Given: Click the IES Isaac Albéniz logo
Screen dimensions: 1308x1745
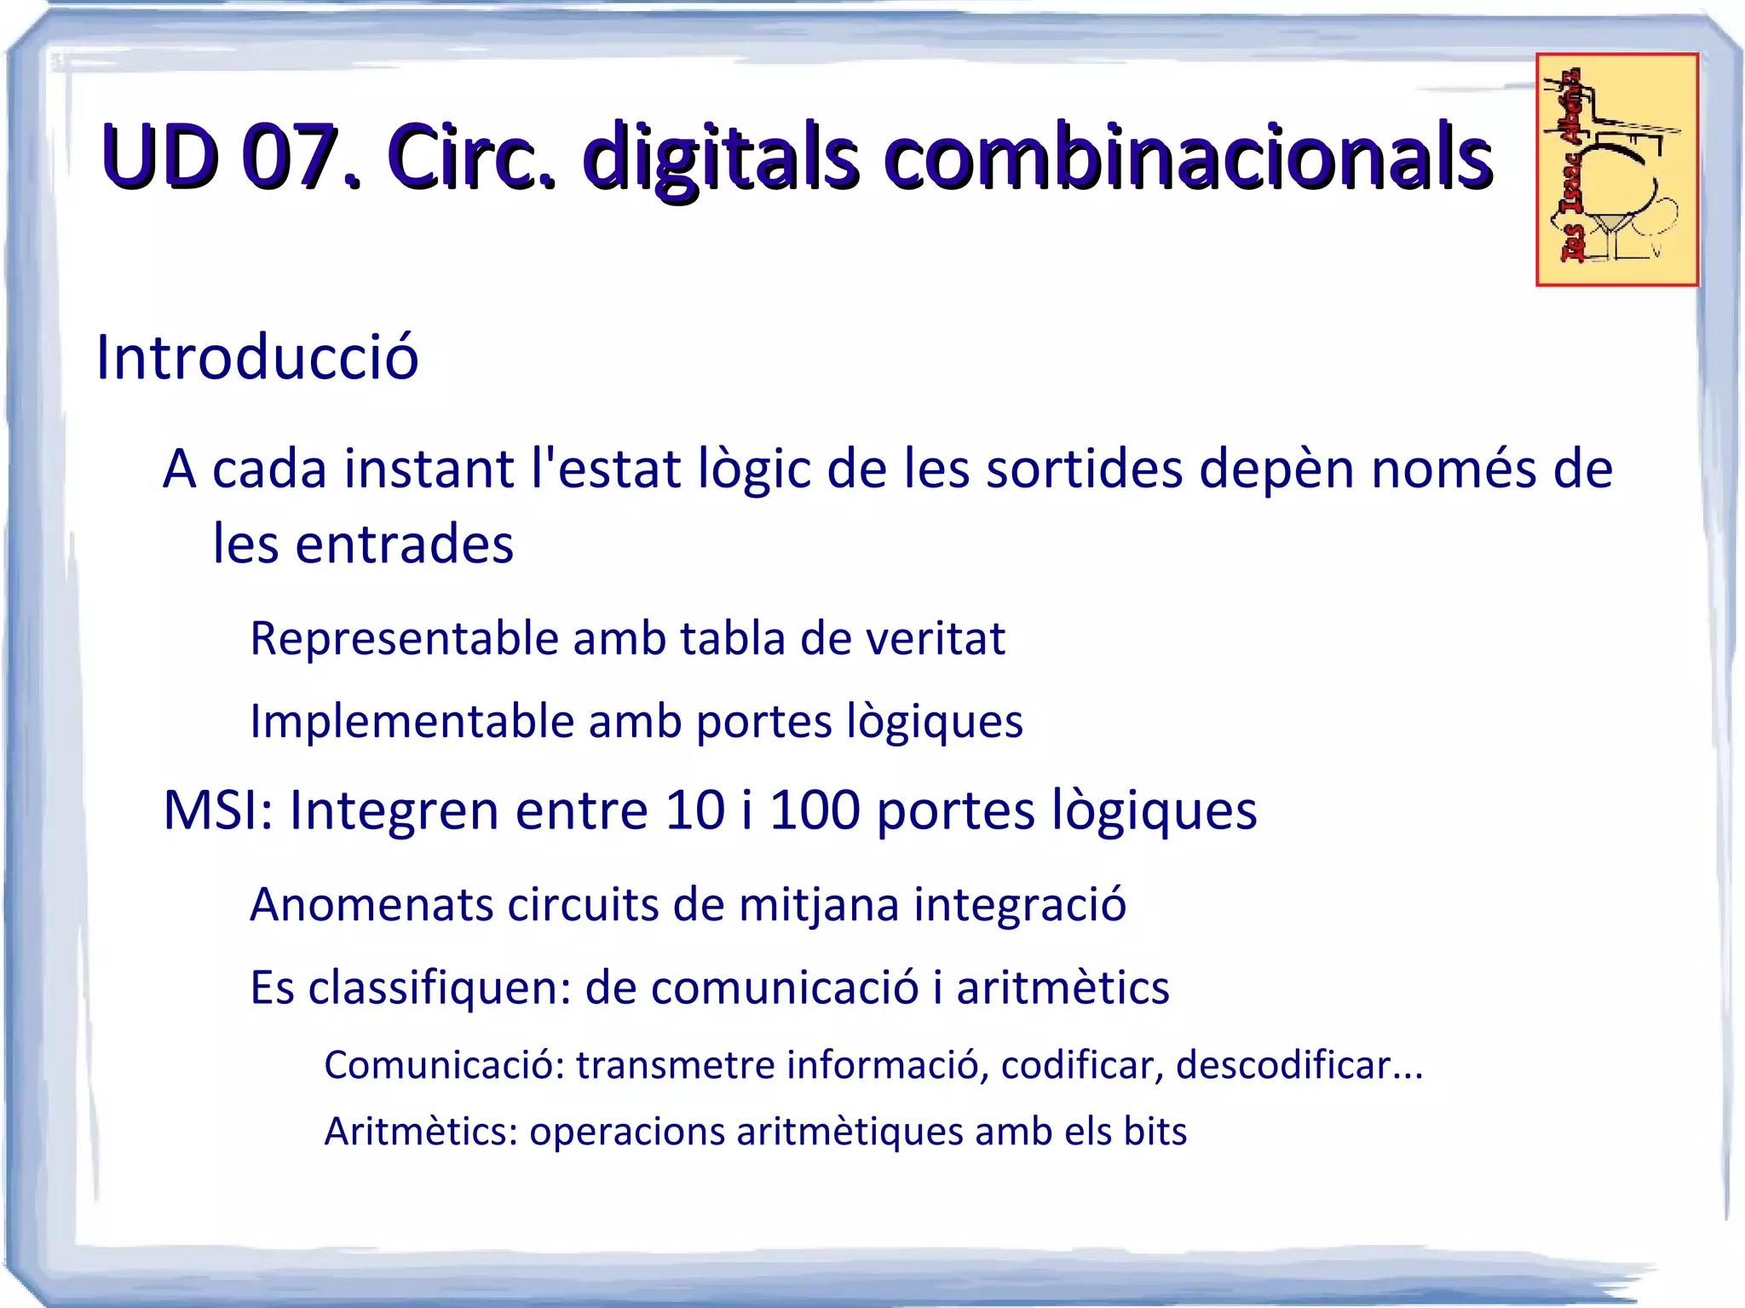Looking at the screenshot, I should (1616, 170).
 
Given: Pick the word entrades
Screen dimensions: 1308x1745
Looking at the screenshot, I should (404, 544).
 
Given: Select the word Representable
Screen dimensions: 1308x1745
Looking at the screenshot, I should (404, 638).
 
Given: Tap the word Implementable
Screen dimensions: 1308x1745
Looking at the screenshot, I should (412, 722).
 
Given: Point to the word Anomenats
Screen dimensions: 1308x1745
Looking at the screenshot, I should (371, 904).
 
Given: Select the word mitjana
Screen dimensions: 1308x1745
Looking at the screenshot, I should (819, 904).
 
